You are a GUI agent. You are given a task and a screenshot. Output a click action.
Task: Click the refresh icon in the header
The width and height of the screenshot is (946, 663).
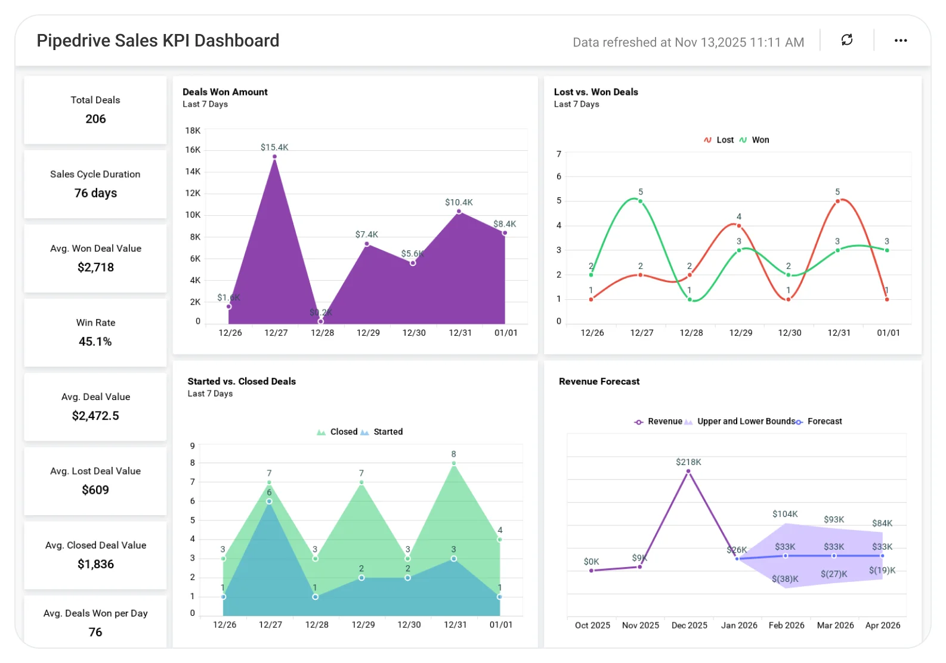point(846,40)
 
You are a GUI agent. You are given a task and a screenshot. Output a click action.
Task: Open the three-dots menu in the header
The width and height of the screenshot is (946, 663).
point(901,41)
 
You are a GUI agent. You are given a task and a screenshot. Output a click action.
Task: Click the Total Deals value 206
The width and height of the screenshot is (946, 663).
point(95,119)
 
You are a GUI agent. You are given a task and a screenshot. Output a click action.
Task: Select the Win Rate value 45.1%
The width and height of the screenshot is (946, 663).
point(95,342)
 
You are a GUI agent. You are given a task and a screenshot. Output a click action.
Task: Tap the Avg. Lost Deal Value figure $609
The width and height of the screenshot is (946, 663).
point(95,490)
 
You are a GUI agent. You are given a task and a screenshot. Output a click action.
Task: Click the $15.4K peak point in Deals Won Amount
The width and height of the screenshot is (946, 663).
point(274,157)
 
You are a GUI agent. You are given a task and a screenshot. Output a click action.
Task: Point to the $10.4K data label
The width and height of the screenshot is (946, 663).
point(459,203)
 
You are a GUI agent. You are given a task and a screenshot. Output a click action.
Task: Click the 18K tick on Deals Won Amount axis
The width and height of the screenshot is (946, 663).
point(193,131)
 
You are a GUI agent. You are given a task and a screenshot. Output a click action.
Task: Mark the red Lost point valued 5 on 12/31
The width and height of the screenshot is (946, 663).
point(837,201)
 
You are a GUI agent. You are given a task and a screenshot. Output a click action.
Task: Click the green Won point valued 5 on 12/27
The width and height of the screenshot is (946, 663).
point(640,201)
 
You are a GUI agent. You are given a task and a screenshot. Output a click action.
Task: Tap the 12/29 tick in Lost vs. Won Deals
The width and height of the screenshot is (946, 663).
point(740,333)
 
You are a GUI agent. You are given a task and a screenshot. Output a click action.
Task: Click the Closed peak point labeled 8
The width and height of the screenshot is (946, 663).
point(454,463)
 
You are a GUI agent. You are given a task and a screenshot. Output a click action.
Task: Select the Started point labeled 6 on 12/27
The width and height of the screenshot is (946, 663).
point(269,501)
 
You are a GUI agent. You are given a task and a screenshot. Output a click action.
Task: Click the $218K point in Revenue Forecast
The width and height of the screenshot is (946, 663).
point(688,472)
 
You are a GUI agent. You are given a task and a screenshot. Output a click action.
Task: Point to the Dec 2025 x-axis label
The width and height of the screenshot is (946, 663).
point(689,625)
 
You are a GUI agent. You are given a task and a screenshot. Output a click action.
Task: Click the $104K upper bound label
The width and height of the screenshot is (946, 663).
point(784,514)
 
